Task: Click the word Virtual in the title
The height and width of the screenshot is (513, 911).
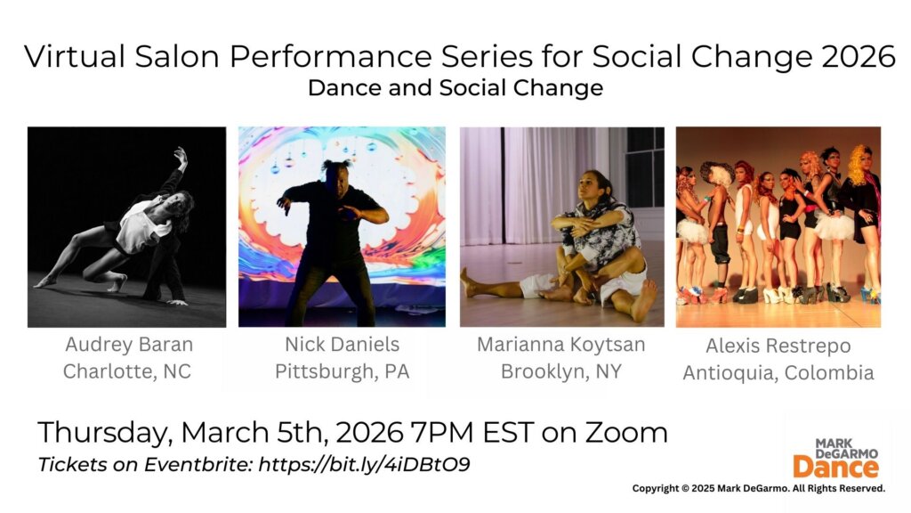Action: [72, 56]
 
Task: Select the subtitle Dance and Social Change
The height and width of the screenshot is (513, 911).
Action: [455, 88]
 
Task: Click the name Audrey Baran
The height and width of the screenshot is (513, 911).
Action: [128, 345]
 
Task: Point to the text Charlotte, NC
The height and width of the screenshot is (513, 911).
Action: [127, 371]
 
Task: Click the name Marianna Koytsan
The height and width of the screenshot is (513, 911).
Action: [561, 345]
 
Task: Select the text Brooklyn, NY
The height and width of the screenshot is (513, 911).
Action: [560, 371]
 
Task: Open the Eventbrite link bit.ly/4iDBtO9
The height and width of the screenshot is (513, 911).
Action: [364, 465]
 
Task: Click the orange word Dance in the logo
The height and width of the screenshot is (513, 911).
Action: [834, 467]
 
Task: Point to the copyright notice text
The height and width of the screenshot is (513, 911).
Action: [758, 488]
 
